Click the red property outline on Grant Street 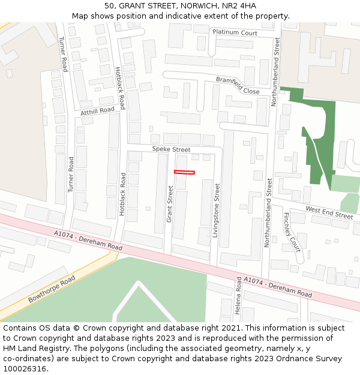pos(184,173)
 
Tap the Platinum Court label pos(235,32)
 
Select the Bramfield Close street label pos(238,85)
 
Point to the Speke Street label pos(171,149)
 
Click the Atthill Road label pos(97,111)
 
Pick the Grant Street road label pos(170,204)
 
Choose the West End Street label pos(329,212)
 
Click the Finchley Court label pos(291,231)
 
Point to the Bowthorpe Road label pos(52,289)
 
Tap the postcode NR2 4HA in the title pos(239,6)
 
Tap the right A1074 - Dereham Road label pos(278,287)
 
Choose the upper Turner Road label pos(62,55)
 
